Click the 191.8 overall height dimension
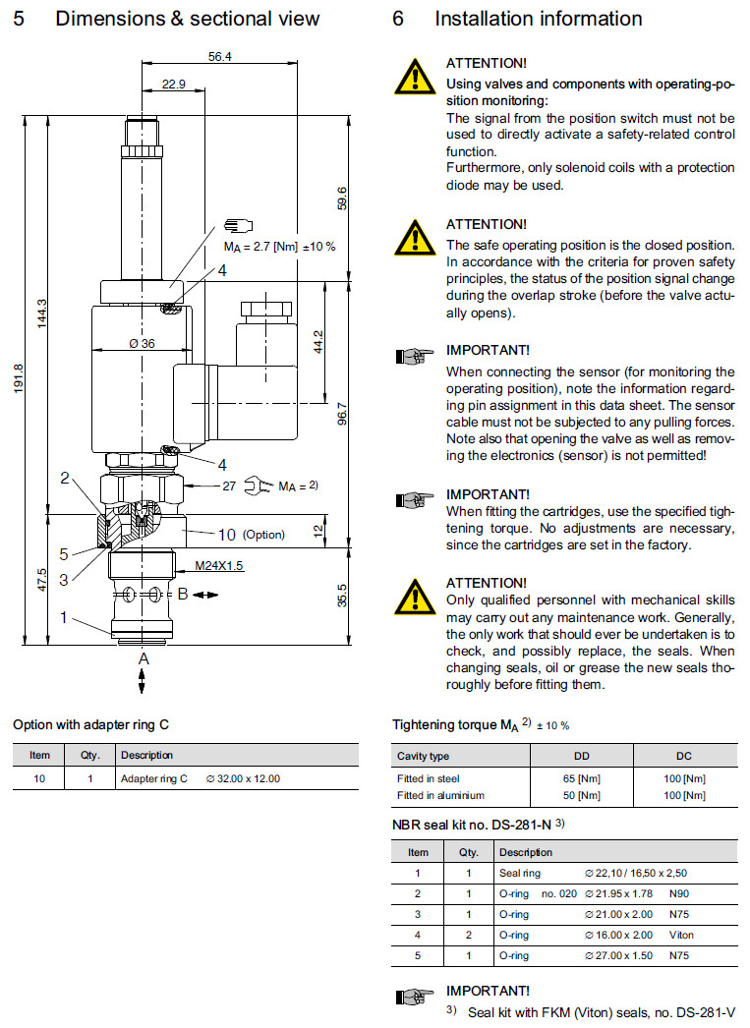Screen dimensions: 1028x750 click(x=18, y=379)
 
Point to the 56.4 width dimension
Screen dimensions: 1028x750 click(x=220, y=57)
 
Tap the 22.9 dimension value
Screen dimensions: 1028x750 click(x=173, y=85)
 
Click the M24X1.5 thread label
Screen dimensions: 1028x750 click(x=219, y=567)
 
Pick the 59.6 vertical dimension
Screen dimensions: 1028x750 click(x=342, y=198)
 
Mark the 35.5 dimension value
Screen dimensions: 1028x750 click(x=341, y=595)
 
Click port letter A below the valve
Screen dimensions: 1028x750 click(x=144, y=659)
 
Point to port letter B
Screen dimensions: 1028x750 click(x=182, y=594)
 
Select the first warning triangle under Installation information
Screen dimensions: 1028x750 click(x=416, y=76)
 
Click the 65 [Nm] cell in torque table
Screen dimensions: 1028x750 click(x=582, y=778)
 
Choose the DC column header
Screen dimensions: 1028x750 click(x=684, y=756)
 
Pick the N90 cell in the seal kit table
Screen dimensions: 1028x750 click(x=680, y=893)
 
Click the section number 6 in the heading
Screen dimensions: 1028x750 click(x=397, y=19)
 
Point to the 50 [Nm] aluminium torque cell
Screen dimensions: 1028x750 click(x=582, y=795)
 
